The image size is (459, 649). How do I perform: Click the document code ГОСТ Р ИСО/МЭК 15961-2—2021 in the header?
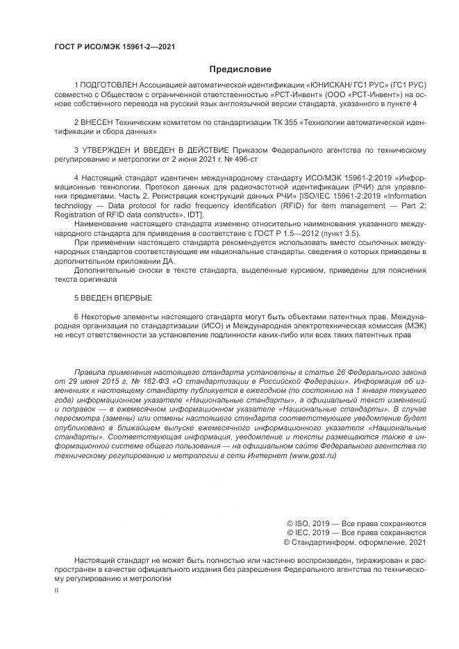click(114, 47)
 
